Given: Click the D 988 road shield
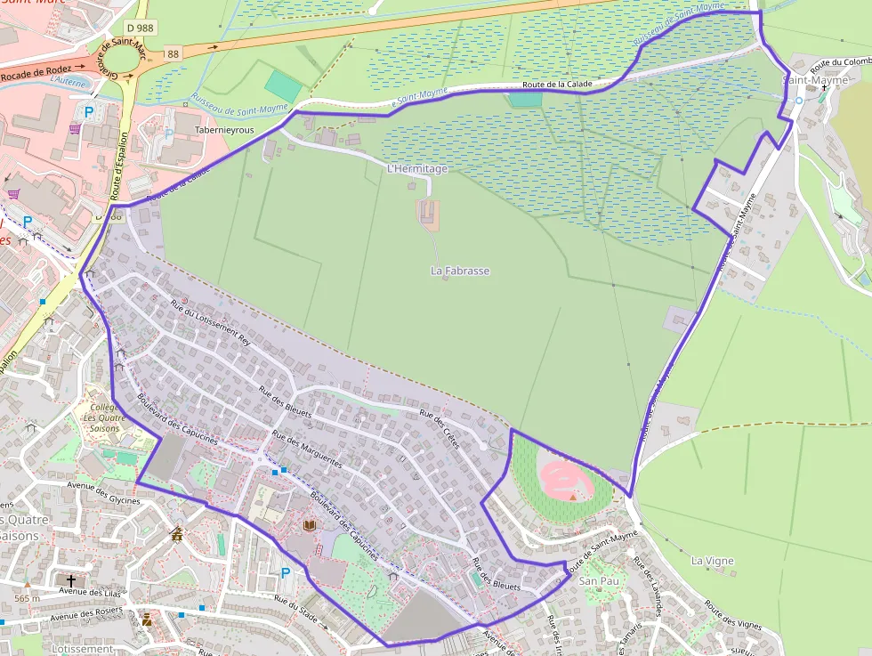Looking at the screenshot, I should click(140, 28).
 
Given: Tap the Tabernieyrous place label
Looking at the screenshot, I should click(224, 130).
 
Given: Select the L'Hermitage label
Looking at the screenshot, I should click(416, 168).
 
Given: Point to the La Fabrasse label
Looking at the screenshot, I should click(460, 271).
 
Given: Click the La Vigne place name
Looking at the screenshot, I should click(713, 561).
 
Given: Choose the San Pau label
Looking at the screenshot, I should click(598, 580).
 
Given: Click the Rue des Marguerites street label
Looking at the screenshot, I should click(307, 449).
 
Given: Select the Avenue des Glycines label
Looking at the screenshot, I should click(104, 492).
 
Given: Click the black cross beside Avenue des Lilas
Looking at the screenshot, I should click(71, 579).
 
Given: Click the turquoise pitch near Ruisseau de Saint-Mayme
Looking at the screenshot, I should click(283, 86).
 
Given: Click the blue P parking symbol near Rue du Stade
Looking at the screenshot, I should click(286, 572).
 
